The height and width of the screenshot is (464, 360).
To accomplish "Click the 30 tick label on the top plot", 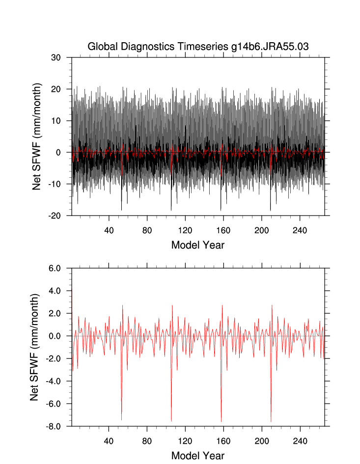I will [x=62, y=57].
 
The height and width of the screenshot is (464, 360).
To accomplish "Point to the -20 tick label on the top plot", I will [x=60, y=216].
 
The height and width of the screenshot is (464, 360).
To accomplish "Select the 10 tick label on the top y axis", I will [x=62, y=121].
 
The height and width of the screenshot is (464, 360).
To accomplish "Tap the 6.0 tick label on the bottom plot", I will [x=59, y=268].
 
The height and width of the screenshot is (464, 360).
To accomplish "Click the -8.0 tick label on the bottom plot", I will [x=58, y=426].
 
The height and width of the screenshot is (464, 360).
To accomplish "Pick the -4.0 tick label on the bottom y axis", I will [x=58, y=381].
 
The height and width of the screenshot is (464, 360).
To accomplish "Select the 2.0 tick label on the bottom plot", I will [x=59, y=313].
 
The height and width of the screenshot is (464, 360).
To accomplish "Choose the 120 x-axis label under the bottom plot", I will [x=185, y=441].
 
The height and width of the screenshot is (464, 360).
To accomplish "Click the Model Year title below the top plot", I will [x=197, y=245].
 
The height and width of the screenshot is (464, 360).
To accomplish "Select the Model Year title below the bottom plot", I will [x=197, y=456].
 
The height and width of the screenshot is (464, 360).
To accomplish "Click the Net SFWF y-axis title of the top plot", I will [x=36, y=136].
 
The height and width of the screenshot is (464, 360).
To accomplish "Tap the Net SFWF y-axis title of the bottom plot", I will [x=34, y=347].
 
